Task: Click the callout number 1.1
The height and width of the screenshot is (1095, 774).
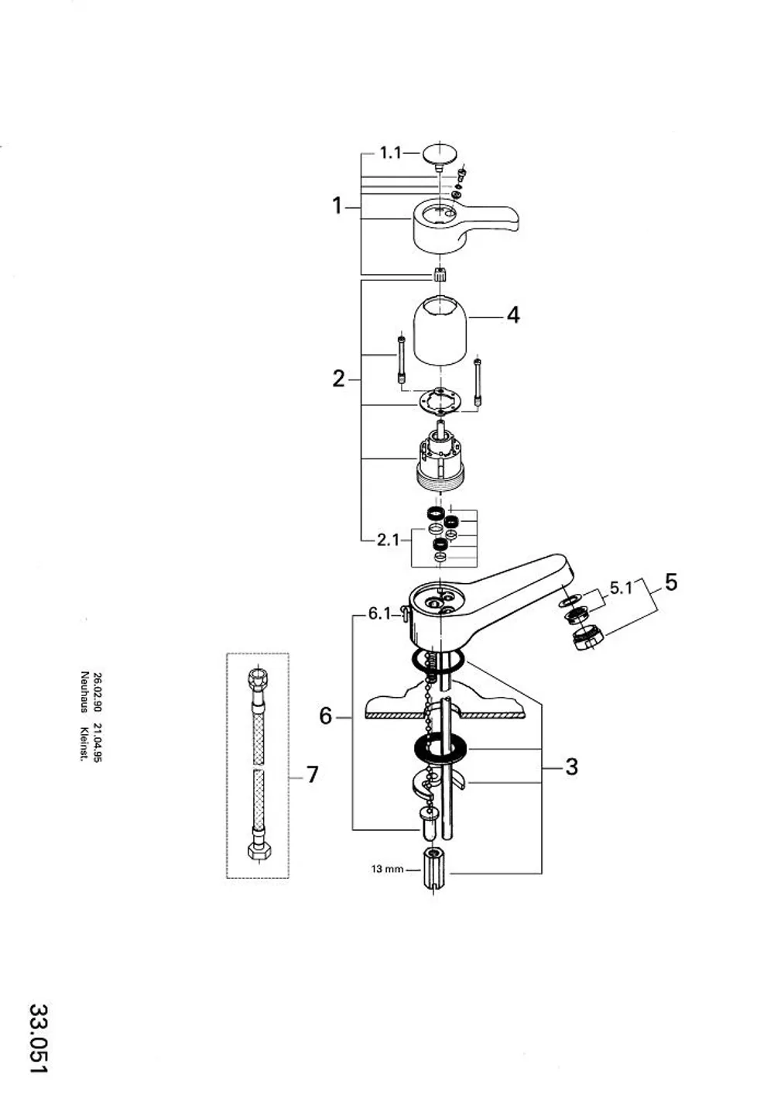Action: tap(390, 153)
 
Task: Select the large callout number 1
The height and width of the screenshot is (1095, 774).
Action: tap(337, 206)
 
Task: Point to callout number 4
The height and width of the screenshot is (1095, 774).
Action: tap(512, 316)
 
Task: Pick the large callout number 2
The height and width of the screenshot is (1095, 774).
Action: tap(338, 379)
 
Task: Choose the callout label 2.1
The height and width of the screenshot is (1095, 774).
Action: tap(388, 541)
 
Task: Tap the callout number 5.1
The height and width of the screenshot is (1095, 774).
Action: tap(621, 588)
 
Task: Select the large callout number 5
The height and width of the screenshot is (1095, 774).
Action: tap(671, 582)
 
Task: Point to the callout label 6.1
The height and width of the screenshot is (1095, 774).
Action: tap(379, 613)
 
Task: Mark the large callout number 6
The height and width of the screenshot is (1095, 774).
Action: tap(325, 716)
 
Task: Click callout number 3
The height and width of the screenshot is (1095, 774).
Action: tap(571, 767)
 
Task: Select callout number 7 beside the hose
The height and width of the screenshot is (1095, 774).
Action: tap(312, 774)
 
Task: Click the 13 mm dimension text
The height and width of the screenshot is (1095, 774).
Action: tap(388, 870)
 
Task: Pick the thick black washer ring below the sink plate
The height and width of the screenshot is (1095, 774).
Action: tap(440, 748)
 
